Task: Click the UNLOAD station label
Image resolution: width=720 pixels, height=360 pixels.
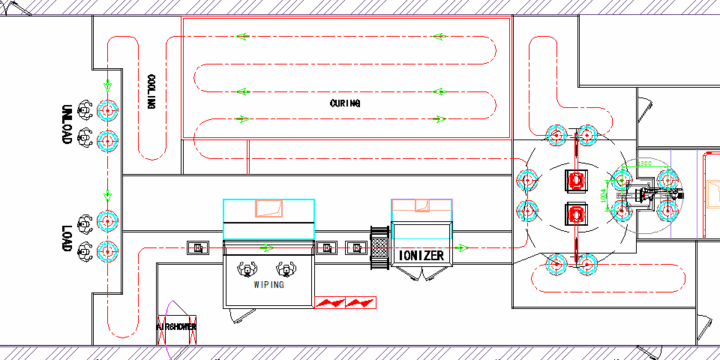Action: tap(67, 124)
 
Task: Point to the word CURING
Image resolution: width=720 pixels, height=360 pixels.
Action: tap(345, 102)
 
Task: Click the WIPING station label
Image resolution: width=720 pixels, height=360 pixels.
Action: tap(269, 285)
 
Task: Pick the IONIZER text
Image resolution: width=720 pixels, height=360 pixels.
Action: tap(420, 256)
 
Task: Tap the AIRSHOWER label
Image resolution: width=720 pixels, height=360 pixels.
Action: tap(176, 326)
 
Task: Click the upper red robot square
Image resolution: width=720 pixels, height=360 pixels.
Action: tap(576, 180)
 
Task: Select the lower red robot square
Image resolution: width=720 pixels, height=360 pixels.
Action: tap(576, 213)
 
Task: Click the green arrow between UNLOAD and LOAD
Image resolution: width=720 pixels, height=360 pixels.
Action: tap(107, 195)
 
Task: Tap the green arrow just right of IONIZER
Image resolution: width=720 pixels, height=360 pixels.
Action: tap(464, 247)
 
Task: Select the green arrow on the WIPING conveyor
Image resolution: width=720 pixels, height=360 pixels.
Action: tap(265, 247)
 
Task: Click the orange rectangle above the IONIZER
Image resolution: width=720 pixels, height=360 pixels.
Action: tap(419, 205)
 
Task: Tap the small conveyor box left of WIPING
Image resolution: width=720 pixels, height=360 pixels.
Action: tap(198, 247)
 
